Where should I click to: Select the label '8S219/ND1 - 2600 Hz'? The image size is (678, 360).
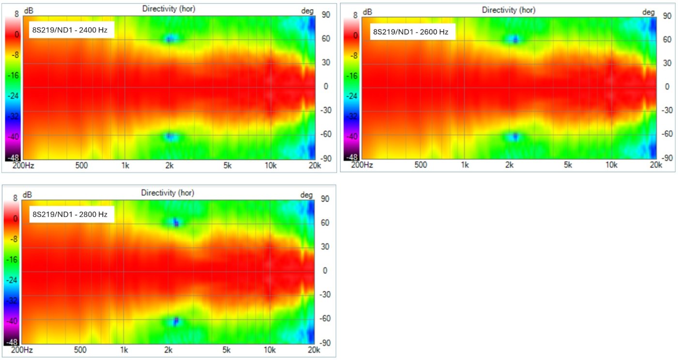410,32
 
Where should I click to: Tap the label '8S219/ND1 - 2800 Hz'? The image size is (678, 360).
70,214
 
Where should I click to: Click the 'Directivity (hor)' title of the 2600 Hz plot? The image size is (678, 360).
508,10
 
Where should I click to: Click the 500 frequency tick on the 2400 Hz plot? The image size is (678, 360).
81,166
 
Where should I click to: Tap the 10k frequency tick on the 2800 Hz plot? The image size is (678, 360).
270,350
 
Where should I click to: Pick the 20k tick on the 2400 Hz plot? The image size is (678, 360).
315,166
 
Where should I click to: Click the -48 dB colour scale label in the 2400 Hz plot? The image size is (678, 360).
13,157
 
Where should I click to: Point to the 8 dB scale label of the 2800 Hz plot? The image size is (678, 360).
15,198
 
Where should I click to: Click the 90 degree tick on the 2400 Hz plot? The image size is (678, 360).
326,15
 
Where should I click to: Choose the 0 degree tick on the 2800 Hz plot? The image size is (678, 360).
325,270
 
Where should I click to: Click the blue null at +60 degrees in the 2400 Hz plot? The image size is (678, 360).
169,39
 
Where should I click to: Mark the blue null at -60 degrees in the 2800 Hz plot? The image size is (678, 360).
176,320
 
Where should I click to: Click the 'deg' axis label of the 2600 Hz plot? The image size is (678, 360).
648,12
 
